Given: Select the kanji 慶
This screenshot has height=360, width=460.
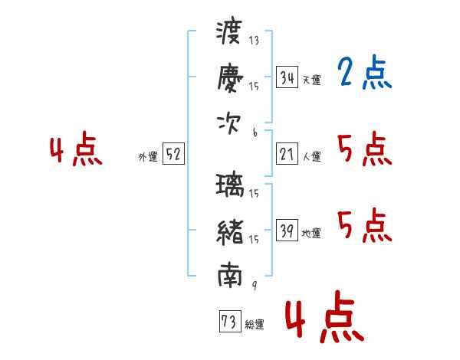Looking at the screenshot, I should [229, 80].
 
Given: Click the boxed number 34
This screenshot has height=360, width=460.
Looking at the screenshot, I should [286, 77].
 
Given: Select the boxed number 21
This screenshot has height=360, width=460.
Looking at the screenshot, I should [286, 155].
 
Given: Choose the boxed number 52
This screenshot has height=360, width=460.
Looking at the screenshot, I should [173, 155].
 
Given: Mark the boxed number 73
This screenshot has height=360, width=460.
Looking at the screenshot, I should [228, 322].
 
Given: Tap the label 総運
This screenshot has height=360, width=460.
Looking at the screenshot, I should [254, 325].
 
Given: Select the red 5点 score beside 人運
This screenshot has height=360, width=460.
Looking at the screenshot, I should [363, 149].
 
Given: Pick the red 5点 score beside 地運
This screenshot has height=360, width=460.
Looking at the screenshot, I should [363, 224].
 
